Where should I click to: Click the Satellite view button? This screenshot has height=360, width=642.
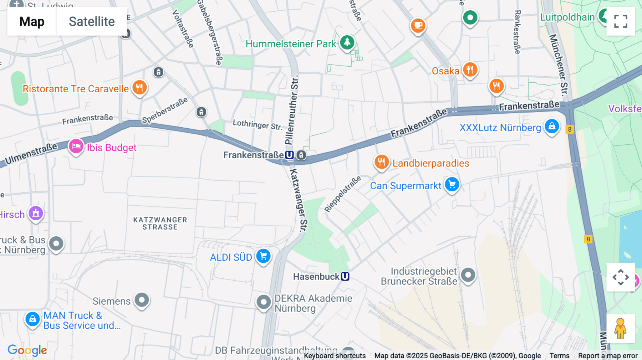click(x=92, y=21)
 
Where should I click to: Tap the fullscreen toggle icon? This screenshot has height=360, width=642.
click(x=621, y=21)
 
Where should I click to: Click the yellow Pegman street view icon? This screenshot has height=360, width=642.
click(x=620, y=329)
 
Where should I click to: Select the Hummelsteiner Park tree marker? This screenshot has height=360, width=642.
click(x=347, y=42)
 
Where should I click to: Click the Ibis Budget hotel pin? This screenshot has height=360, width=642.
click(x=76, y=146)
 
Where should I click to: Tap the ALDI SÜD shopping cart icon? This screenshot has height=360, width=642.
click(x=264, y=256)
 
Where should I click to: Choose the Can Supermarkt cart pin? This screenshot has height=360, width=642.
click(x=452, y=185)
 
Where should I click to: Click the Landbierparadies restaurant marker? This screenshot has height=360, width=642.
click(x=381, y=162)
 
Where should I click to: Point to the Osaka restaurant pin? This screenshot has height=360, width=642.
click(x=470, y=70)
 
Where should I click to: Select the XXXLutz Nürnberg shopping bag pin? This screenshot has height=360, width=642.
click(x=552, y=126)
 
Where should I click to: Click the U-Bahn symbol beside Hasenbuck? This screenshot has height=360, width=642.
click(x=345, y=277)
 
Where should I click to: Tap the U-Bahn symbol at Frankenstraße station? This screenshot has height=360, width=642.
click(x=289, y=155)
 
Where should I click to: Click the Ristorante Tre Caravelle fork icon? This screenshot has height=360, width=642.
click(x=139, y=87)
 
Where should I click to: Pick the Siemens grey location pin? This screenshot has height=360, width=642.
click(x=142, y=300)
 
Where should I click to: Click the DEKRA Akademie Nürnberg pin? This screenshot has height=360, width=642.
click(x=264, y=302)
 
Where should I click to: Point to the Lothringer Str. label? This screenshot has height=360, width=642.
click(x=257, y=124)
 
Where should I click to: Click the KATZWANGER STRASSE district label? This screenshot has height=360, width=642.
click(x=160, y=223)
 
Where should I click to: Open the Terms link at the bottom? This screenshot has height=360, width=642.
click(x=559, y=355)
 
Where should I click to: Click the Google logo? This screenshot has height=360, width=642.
click(x=27, y=350)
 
